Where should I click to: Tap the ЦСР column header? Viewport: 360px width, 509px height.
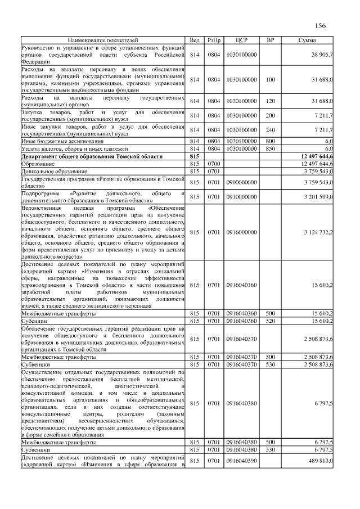pos(241,41)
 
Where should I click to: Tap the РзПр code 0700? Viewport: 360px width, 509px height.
pos(214,163)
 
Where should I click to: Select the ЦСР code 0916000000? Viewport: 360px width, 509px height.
pos(241,232)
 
